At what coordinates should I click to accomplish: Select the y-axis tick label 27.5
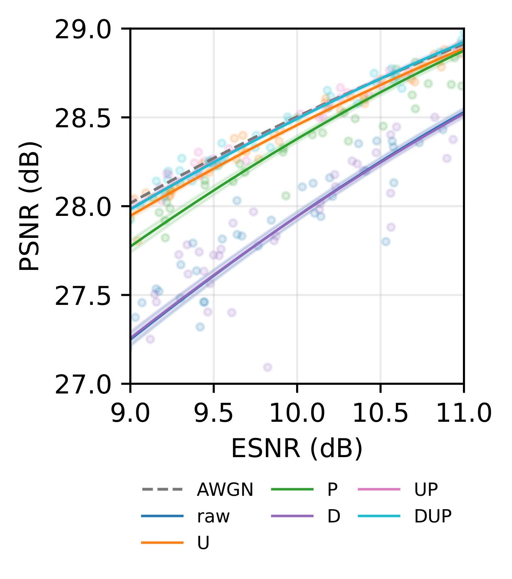[83, 297]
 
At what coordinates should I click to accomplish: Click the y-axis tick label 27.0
[83, 386]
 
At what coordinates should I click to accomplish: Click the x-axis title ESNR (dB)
[297, 449]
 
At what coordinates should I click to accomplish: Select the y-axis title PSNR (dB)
[30, 206]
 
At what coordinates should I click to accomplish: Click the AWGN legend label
[225, 490]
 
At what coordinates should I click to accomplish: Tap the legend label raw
[213, 516]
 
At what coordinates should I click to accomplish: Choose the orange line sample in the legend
[162, 543]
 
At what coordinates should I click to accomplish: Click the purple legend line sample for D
[292, 516]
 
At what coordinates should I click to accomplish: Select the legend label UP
[426, 490]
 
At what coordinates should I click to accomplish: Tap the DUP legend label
[433, 516]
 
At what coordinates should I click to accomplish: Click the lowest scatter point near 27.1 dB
[267, 367]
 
